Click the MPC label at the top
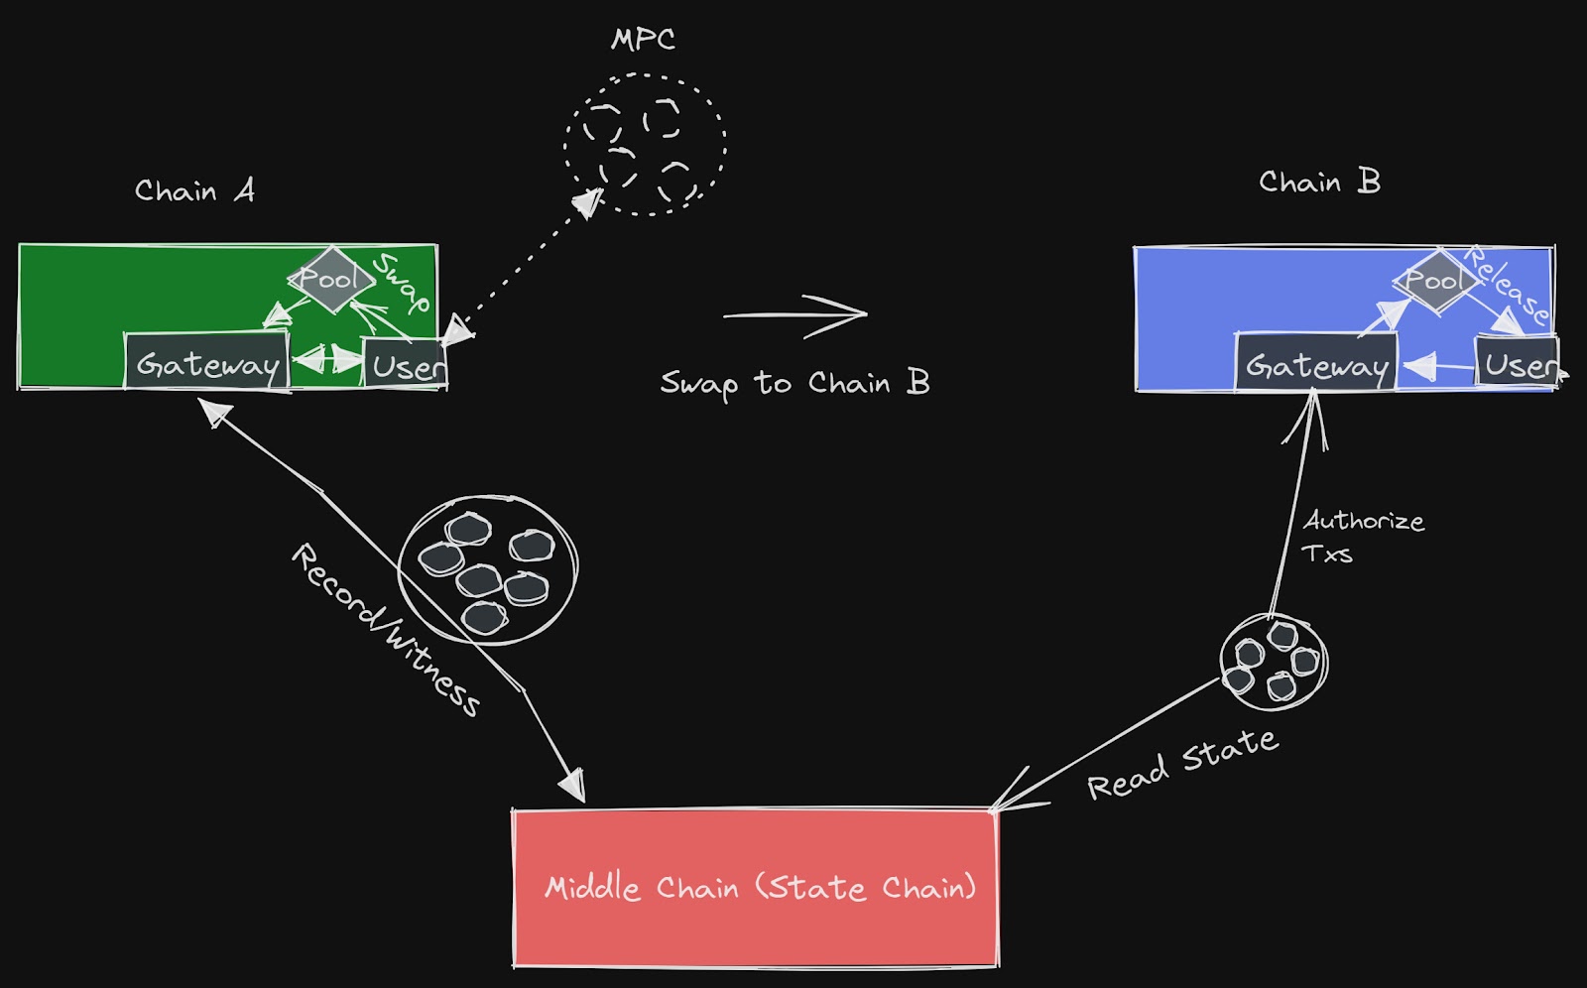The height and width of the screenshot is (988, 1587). pyautogui.click(x=643, y=40)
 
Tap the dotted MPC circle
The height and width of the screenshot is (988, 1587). pyautogui.click(x=645, y=144)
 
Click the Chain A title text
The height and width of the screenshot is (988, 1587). pyautogui.click(x=194, y=190)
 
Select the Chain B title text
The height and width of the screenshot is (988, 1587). pyautogui.click(x=1319, y=183)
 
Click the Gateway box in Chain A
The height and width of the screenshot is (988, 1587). pyautogui.click(x=206, y=363)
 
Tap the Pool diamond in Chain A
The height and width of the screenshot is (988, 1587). pyautogui.click(x=331, y=280)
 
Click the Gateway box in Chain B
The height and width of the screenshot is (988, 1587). pyautogui.click(x=1316, y=364)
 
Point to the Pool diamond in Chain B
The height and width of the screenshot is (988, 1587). pyautogui.click(x=1435, y=281)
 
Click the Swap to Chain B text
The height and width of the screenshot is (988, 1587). pyautogui.click(x=794, y=384)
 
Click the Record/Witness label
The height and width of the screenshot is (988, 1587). pyautogui.click(x=385, y=629)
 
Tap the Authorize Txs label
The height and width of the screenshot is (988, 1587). pyautogui.click(x=1362, y=537)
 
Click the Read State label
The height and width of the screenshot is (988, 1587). pyautogui.click(x=1182, y=764)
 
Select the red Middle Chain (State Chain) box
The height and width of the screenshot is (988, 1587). pyautogui.click(x=755, y=887)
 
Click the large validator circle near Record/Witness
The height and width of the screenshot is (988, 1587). pyautogui.click(x=487, y=569)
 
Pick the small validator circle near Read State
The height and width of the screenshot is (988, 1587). pyautogui.click(x=1274, y=663)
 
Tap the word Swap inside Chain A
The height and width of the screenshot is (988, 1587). pyautogui.click(x=402, y=283)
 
